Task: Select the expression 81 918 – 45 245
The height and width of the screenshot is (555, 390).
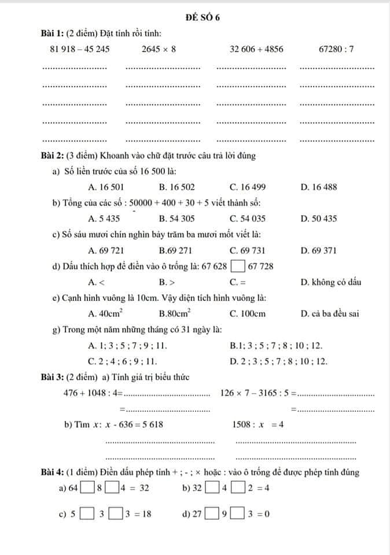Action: tap(80, 50)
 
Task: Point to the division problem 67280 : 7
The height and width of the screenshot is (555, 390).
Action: tap(336, 50)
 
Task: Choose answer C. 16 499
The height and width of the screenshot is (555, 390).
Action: tap(248, 187)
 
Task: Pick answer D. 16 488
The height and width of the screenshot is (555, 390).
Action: tap(319, 187)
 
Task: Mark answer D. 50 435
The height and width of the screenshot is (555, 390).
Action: tap(319, 219)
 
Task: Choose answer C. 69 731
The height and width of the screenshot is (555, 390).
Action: tap(248, 250)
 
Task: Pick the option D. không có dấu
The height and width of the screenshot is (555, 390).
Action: tap(331, 282)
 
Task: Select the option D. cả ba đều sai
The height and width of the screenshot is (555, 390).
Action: tap(330, 314)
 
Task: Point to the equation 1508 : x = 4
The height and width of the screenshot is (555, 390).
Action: tap(257, 424)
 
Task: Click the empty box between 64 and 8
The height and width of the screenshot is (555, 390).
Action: tap(87, 488)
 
